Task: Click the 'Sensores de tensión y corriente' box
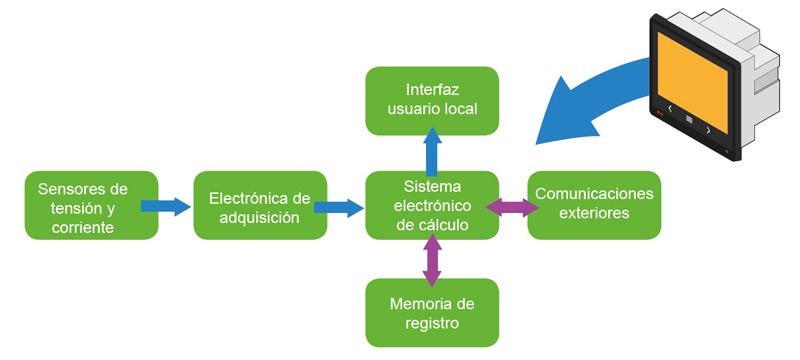91,206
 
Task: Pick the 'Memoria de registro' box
432,312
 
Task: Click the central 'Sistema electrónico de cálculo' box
432,206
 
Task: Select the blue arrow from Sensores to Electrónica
166,207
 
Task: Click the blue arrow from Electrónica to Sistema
339,207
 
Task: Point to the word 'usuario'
409,108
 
